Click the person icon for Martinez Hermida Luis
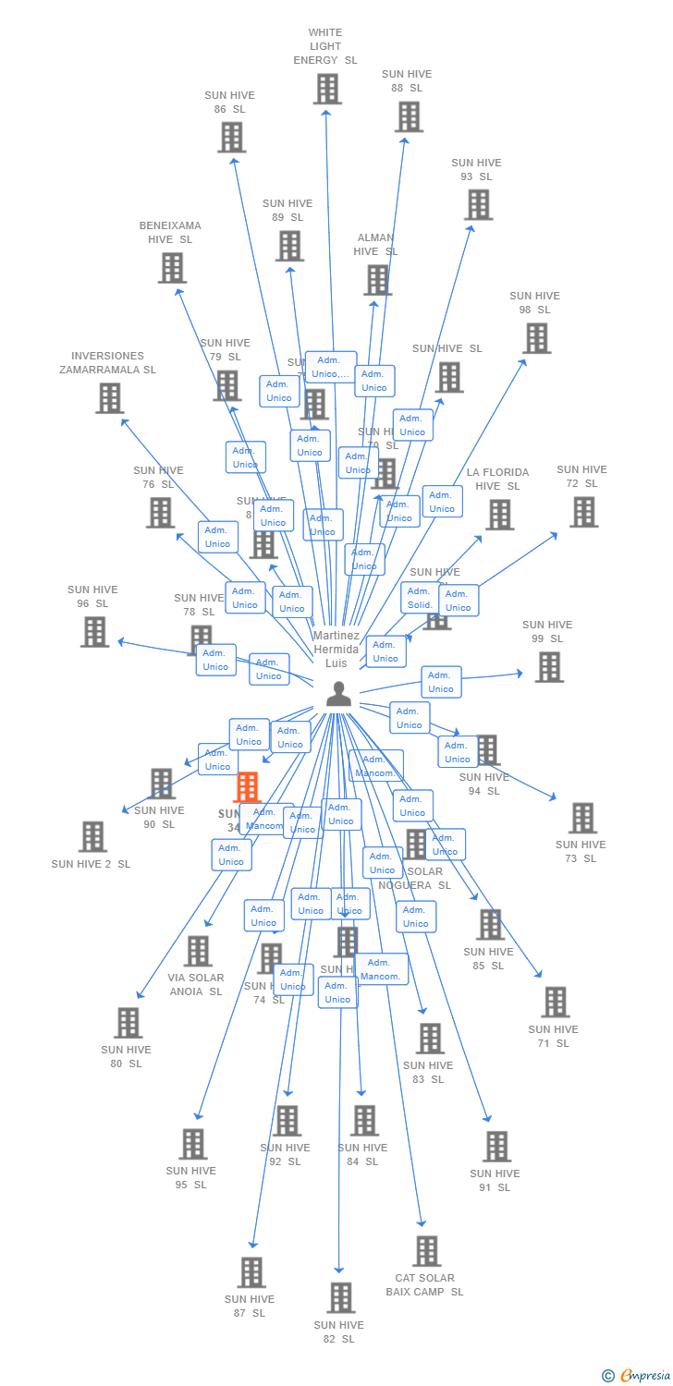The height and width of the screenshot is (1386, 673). [x=339, y=694]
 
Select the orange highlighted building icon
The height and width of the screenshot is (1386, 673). [x=247, y=787]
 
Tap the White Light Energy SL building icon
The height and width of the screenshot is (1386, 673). [x=326, y=89]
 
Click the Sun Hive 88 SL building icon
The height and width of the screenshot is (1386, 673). [x=409, y=116]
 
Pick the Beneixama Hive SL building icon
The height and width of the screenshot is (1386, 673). [x=172, y=268]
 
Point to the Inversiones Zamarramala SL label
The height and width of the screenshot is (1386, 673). [x=108, y=363]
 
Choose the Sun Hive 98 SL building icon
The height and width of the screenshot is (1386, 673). [x=536, y=338]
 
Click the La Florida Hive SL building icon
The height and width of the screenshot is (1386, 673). [x=499, y=515]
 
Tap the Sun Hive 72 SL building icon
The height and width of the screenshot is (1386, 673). [x=583, y=512]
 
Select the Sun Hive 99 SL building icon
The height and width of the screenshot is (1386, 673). [x=549, y=666]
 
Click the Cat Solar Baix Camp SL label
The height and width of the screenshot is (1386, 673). [x=425, y=1284]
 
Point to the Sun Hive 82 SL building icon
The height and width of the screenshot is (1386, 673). [x=340, y=1297]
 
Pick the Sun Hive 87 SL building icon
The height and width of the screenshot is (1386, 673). [x=251, y=1272]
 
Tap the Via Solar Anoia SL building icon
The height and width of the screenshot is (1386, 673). [x=197, y=951]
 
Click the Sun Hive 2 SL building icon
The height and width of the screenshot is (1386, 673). [x=92, y=836]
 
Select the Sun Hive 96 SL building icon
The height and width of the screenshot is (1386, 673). [x=94, y=632]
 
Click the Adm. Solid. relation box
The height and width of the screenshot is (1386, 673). [x=421, y=598]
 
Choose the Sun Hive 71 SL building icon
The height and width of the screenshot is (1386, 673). [x=555, y=1002]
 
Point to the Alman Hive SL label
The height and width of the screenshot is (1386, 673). [x=375, y=245]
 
